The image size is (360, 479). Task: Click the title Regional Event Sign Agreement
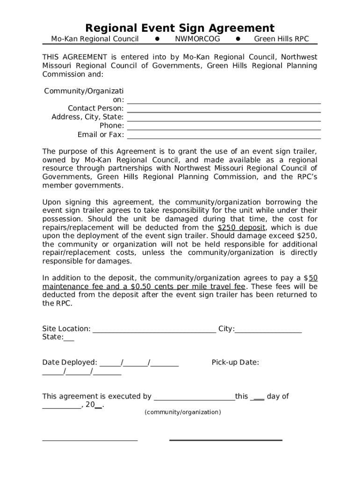point(180,28)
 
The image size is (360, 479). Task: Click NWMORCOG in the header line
point(197,39)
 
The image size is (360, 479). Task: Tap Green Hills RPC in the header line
point(281,39)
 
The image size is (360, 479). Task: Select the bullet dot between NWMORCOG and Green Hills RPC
point(238,39)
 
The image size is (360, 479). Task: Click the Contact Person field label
point(95,109)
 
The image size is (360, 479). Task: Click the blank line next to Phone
point(223,129)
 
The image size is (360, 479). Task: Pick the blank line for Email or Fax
point(223,138)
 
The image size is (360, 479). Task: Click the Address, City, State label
point(87,117)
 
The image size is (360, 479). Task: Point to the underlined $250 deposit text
point(242,228)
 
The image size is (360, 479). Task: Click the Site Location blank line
point(154,332)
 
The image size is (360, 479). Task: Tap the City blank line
point(268,332)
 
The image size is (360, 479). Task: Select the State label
point(52,337)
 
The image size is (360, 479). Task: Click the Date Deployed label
point(70,363)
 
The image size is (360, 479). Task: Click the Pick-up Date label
point(235,363)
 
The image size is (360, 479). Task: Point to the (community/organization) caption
point(182,412)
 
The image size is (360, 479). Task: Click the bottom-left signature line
point(90,440)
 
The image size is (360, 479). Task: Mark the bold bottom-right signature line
point(225,440)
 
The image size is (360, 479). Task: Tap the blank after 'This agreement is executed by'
point(194,400)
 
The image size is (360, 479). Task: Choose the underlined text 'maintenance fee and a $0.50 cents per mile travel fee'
point(144,286)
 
